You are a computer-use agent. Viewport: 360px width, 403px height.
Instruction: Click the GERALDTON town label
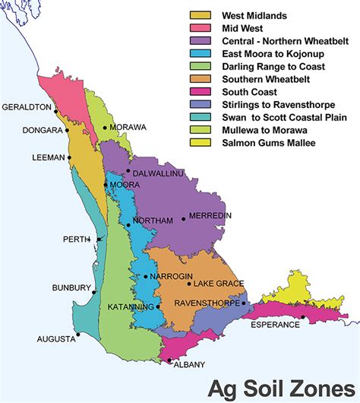coord(27,107)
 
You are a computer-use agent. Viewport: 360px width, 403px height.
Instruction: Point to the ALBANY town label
coord(190,364)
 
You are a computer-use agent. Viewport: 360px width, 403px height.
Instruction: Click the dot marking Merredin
coord(183,220)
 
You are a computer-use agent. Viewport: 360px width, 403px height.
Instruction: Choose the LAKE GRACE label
coord(219,284)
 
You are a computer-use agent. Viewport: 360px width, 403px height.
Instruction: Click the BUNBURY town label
coord(68,288)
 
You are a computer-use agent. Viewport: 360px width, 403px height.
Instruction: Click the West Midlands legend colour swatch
coord(200,15)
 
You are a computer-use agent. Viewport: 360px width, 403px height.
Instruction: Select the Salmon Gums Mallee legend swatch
coord(200,142)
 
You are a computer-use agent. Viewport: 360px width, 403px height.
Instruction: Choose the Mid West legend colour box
coord(200,28)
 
